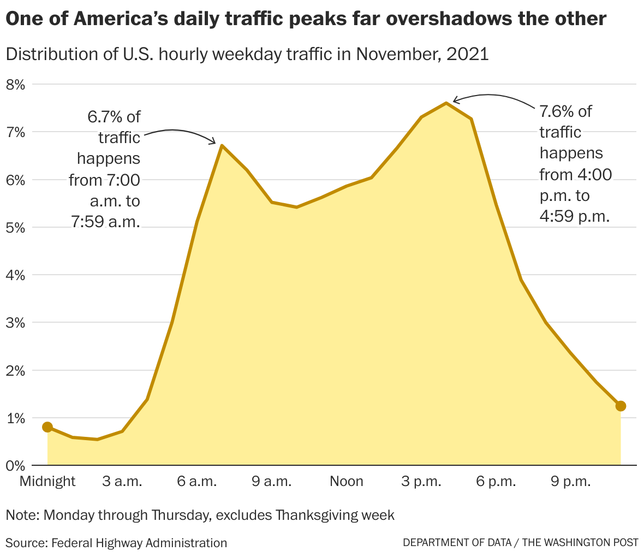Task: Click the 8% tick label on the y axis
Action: click(x=16, y=85)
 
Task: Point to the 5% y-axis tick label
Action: click(x=16, y=228)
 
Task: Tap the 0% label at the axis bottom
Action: click(x=16, y=466)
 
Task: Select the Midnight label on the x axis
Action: click(x=47, y=481)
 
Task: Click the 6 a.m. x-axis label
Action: click(x=197, y=481)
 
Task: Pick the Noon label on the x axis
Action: click(x=347, y=481)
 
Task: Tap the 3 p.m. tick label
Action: click(x=421, y=481)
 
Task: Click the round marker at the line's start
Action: click(x=47, y=427)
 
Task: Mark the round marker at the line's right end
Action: click(x=621, y=406)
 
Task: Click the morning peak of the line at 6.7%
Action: click(x=222, y=145)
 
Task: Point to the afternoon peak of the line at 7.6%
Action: click(x=446, y=103)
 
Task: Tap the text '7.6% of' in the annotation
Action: click(x=565, y=111)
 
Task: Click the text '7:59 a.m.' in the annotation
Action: click(x=105, y=222)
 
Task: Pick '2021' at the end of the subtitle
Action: click(x=468, y=55)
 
